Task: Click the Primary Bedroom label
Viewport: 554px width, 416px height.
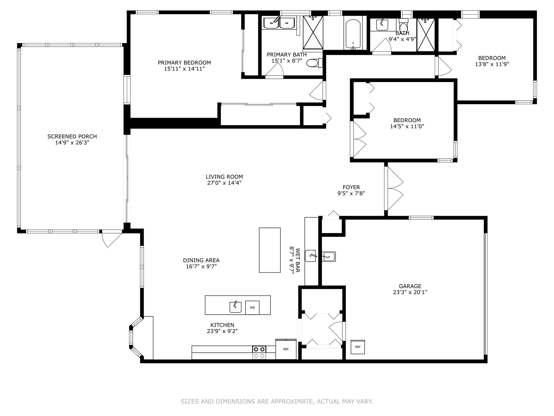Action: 184,63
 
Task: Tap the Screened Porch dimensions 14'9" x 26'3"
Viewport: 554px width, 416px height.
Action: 72,142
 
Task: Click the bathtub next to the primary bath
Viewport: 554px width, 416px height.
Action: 353,34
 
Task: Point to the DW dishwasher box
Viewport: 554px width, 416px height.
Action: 252,307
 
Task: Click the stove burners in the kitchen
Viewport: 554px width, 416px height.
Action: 259,353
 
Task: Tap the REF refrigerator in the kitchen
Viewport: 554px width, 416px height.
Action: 286,349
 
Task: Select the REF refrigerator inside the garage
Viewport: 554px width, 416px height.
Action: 358,347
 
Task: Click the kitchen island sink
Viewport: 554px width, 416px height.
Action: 235,307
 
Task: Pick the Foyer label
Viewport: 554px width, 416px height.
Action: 351,187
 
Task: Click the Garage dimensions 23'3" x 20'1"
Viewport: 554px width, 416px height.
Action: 410,292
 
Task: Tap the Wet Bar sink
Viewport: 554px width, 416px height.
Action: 311,256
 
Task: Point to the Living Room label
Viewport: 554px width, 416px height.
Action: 224,177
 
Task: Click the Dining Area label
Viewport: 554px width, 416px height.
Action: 201,260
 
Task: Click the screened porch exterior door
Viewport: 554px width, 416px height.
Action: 111,238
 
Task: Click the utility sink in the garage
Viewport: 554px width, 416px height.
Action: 329,256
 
